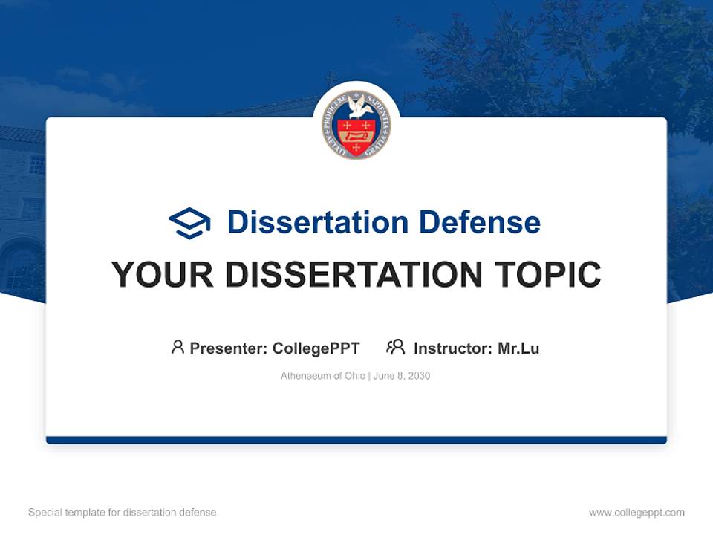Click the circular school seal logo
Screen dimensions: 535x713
(356, 125)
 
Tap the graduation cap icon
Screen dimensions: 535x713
(189, 223)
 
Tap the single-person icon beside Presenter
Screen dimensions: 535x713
(178, 347)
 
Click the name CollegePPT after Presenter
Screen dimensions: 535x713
(316, 348)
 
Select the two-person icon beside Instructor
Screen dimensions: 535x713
(396, 347)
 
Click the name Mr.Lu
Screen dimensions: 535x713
(518, 348)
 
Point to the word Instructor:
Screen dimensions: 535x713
(453, 348)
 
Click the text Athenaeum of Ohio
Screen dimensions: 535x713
(322, 376)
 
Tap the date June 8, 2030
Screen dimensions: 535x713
(402, 376)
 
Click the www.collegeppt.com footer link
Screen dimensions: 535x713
(637, 513)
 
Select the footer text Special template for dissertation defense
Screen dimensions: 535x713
(123, 513)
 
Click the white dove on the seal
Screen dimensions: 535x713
(357, 109)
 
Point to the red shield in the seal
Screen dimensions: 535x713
(356, 135)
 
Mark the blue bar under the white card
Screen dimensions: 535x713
(356, 441)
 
